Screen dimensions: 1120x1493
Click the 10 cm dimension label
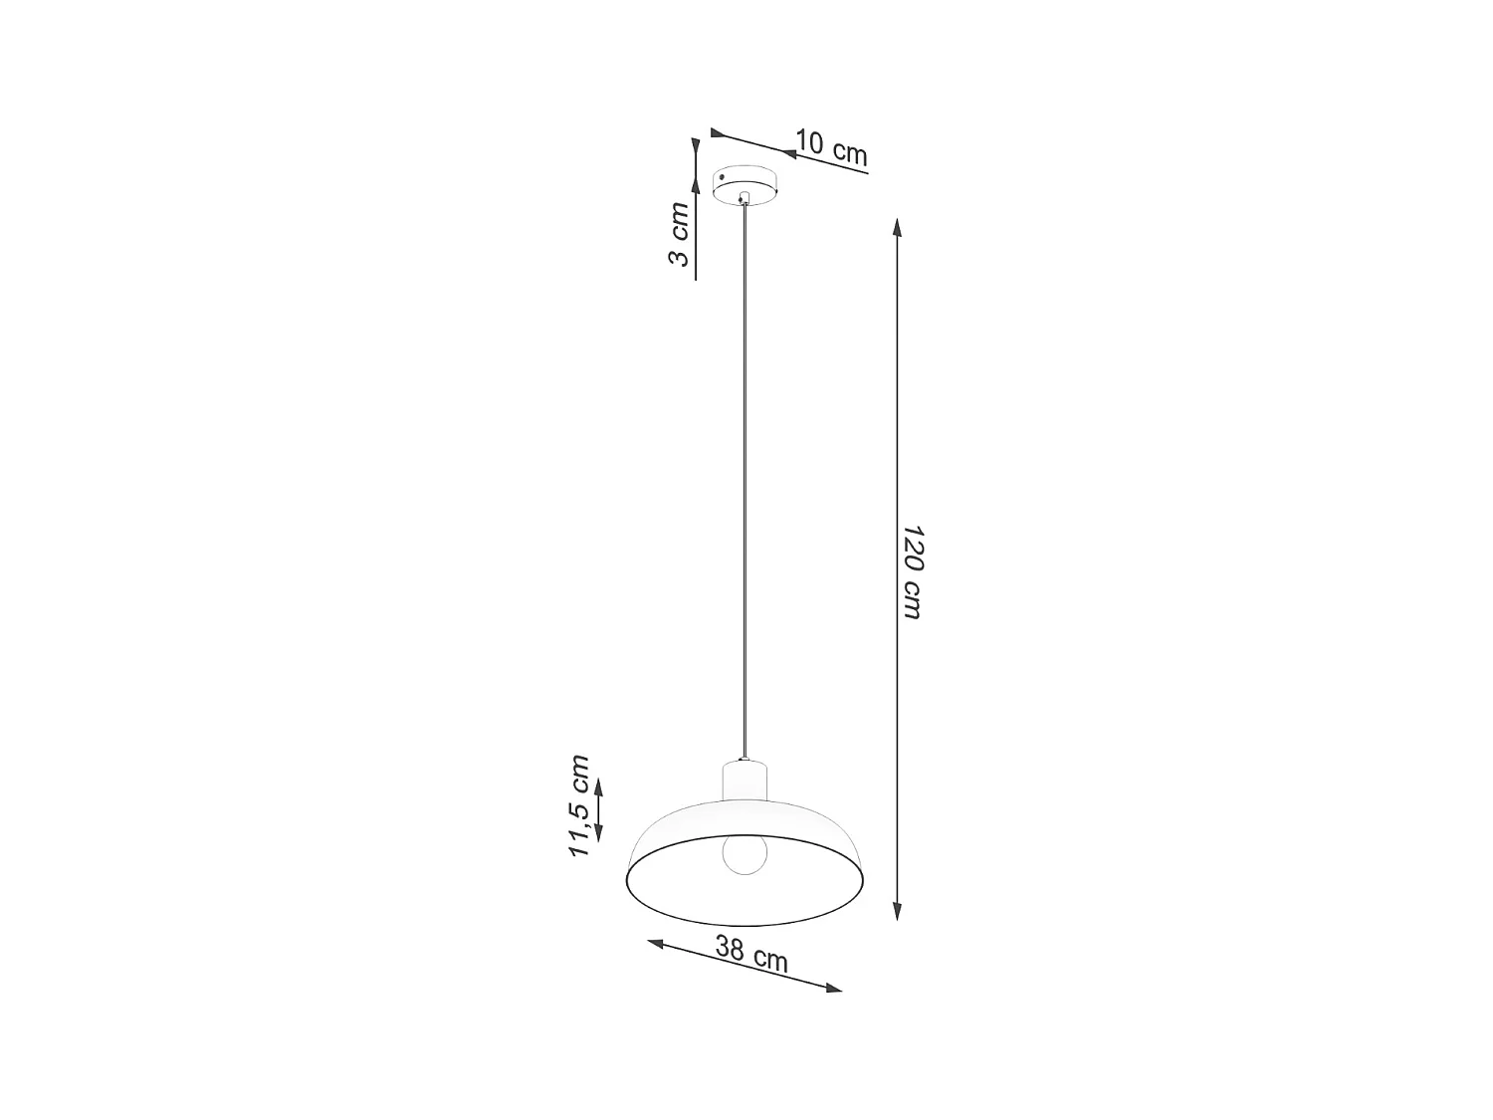pyautogui.click(x=831, y=147)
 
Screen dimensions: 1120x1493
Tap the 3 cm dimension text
pyautogui.click(x=678, y=234)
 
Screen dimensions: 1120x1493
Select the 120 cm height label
pyautogui.click(x=912, y=571)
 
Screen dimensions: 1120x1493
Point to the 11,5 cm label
pyautogui.click(x=578, y=806)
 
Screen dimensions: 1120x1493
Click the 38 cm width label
pyautogui.click(x=751, y=955)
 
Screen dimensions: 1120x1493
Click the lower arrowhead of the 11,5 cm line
pyautogui.click(x=599, y=831)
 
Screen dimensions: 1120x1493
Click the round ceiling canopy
pyautogui.click(x=747, y=184)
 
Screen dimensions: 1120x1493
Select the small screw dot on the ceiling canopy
pyautogui.click(x=722, y=178)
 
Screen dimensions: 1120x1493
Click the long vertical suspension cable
pyautogui.click(x=744, y=478)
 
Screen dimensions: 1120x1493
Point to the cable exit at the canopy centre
pyautogui.click(x=744, y=198)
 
